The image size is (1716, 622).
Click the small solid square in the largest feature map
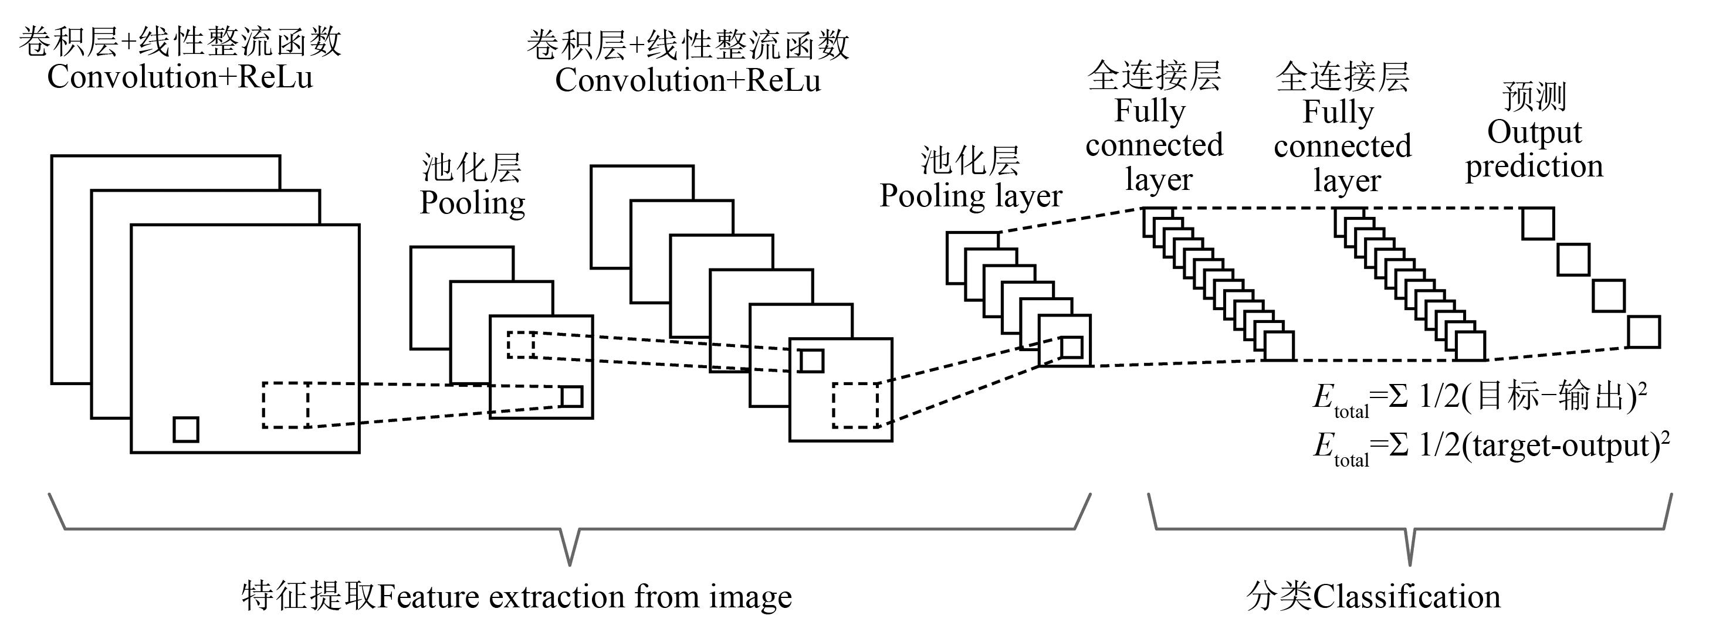tap(186, 429)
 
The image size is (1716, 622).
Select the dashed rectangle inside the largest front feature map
tap(285, 405)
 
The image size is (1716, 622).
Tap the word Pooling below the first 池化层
tap(472, 202)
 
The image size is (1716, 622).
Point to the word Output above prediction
tap(1534, 132)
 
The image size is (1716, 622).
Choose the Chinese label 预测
tap(1534, 97)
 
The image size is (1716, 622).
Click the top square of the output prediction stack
tap(1538, 224)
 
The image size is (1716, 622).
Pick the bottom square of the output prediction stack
tap(1643, 332)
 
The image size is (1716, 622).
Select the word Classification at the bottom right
tap(1407, 596)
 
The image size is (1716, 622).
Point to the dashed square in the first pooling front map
tap(521, 344)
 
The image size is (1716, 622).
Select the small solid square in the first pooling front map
tap(571, 396)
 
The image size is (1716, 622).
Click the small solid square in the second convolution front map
tap(811, 361)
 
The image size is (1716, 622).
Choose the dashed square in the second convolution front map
tap(855, 405)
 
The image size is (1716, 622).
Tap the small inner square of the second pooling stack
tap(1071, 348)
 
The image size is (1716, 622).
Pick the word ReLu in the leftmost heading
tap(275, 77)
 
